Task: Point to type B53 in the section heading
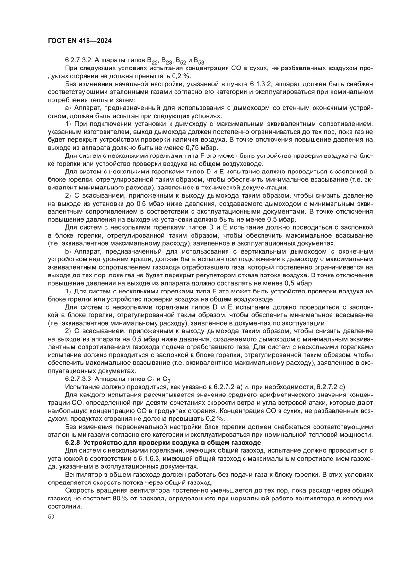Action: click(199, 61)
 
